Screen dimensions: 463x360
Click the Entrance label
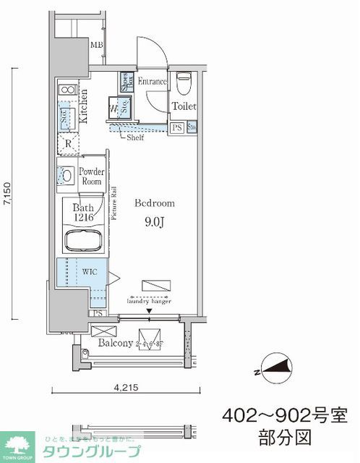click(152, 82)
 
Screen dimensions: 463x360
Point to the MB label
click(96, 46)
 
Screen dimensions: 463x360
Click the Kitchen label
click(85, 106)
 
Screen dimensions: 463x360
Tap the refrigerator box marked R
click(67, 143)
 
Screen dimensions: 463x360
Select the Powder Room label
click(92, 177)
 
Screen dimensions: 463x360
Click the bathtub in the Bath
click(82, 241)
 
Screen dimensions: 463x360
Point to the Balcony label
click(114, 343)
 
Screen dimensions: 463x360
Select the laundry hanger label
click(151, 302)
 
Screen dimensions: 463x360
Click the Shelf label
click(134, 137)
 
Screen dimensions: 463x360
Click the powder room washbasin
click(67, 175)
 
